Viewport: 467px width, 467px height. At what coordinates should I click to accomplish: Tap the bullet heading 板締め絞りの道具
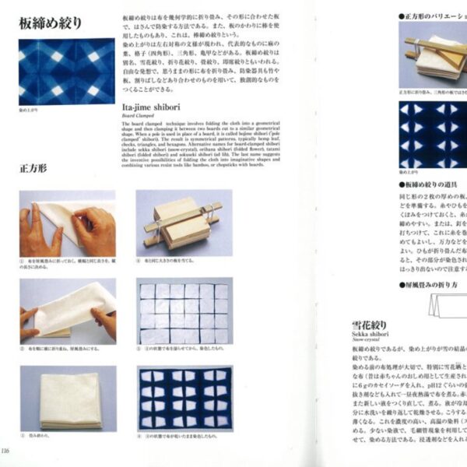pos(432,184)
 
